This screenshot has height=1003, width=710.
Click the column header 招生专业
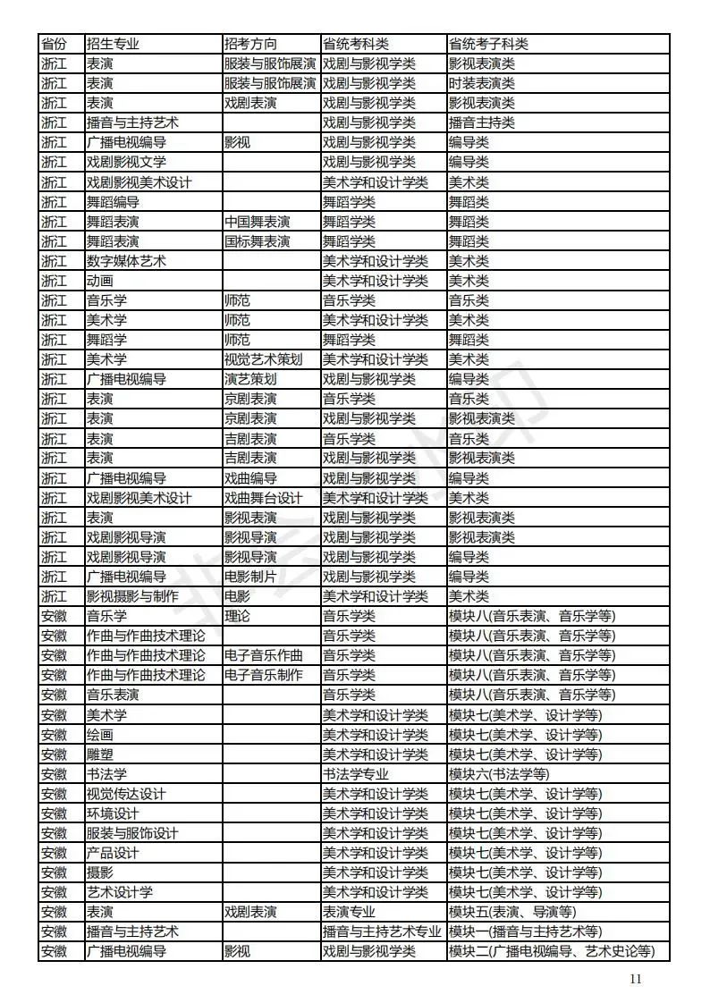pos(113,44)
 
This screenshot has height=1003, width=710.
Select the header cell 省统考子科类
pos(488,44)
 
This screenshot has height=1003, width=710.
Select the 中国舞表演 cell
pos(257,221)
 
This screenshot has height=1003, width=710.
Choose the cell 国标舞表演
pos(257,241)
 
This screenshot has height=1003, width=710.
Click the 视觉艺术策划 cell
pos(263,359)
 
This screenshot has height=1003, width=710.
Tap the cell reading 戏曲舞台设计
pos(263,498)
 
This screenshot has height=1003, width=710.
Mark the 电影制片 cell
pos(250,577)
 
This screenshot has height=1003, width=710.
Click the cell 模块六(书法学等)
pos(499,774)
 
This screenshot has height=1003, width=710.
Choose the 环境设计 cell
pos(113,813)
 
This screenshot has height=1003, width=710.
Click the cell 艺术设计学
pos(119,892)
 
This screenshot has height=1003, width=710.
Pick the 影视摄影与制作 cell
pos(132,596)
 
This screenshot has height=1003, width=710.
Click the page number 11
pos(636,978)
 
